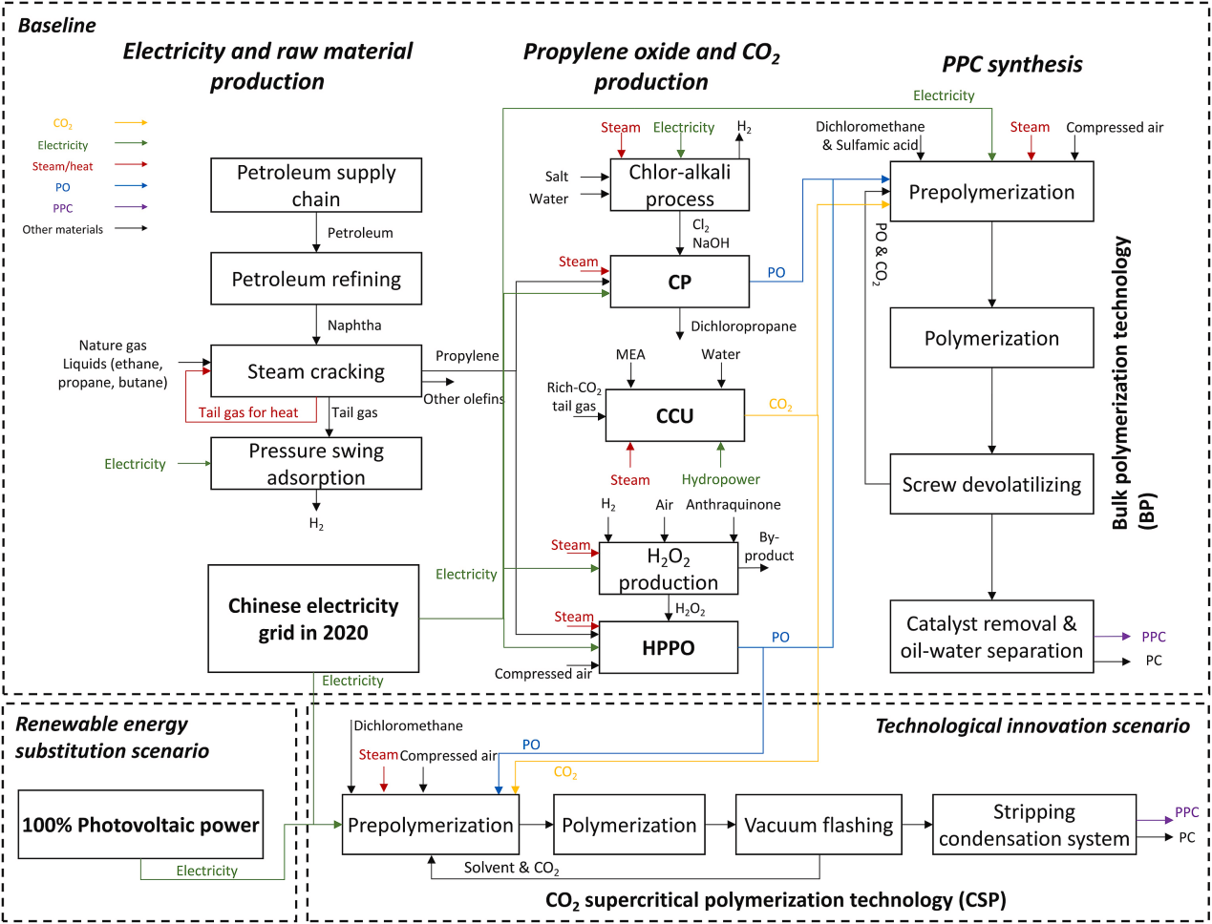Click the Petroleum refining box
tap(316, 279)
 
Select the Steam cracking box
tap(316, 371)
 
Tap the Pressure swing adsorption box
tap(316, 464)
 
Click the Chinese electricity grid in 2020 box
tap(313, 619)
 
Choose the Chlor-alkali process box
tap(679, 185)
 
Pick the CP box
tap(679, 283)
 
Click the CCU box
tap(674, 416)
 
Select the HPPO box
tap(668, 648)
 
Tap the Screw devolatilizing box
tap(991, 485)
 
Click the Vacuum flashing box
tap(819, 826)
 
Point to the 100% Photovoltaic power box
tap(140, 826)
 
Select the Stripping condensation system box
tap(1034, 826)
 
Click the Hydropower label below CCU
tap(721, 479)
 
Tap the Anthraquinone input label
tap(734, 505)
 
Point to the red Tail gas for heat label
tap(248, 412)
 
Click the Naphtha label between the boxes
tap(354, 325)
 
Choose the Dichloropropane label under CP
tap(743, 326)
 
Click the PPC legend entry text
tap(63, 208)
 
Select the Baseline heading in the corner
tap(57, 26)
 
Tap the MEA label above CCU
tap(630, 355)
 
